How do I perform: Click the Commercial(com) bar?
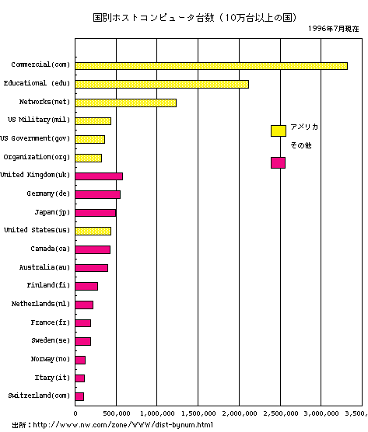click(211, 66)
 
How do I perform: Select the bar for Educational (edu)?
click(162, 85)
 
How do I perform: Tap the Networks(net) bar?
click(125, 103)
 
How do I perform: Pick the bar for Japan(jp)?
click(96, 213)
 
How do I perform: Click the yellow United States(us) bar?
click(93, 232)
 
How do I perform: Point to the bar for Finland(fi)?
click(86, 286)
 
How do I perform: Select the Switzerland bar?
click(79, 397)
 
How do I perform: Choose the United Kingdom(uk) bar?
click(99, 176)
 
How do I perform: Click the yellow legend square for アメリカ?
click(279, 131)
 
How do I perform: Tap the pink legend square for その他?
click(278, 163)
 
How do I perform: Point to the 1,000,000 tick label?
click(157, 413)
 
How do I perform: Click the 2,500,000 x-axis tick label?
click(281, 413)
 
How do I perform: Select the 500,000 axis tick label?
click(117, 413)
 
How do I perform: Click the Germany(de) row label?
click(48, 193)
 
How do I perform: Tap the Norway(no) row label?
click(51, 359)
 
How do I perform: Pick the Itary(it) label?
click(52, 378)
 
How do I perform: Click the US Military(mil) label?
click(39, 120)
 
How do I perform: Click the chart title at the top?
click(195, 18)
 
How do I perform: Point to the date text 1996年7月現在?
click(334, 29)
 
